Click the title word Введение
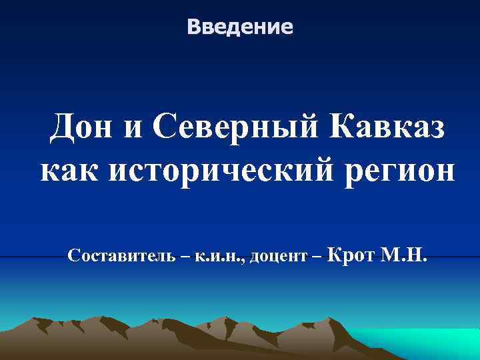pos(240,27)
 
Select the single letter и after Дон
pos(133,128)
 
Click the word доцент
pos(280,255)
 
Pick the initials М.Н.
pos(403,254)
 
